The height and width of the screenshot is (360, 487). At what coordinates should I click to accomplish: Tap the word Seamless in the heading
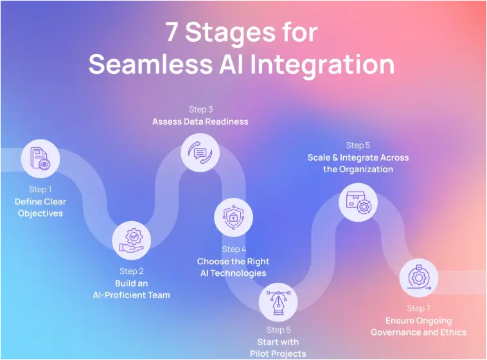click(150, 64)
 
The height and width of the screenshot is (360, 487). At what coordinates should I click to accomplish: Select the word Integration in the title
click(323, 66)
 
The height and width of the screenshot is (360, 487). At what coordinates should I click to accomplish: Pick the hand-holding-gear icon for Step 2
click(131, 240)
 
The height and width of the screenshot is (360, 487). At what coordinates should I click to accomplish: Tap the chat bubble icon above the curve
click(200, 152)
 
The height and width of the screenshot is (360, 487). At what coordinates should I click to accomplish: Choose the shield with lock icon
click(233, 217)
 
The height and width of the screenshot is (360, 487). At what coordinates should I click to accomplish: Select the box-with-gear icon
click(358, 203)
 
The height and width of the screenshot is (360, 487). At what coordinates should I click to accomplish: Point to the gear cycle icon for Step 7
click(419, 278)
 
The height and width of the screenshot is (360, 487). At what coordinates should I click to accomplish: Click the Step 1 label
click(40, 190)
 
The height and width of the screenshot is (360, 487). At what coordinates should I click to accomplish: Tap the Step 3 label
click(200, 109)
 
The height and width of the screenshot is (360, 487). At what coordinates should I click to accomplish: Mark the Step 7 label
click(419, 309)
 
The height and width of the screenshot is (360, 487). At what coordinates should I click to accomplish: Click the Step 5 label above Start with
click(279, 330)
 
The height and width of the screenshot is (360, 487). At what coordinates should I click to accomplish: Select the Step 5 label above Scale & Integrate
click(358, 145)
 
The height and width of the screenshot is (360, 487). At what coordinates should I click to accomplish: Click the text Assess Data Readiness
click(200, 122)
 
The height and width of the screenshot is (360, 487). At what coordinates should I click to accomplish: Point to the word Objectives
click(40, 213)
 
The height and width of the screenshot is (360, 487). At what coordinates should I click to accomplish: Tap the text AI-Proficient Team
click(131, 295)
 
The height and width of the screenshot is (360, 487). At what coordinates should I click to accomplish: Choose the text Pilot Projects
click(278, 354)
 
